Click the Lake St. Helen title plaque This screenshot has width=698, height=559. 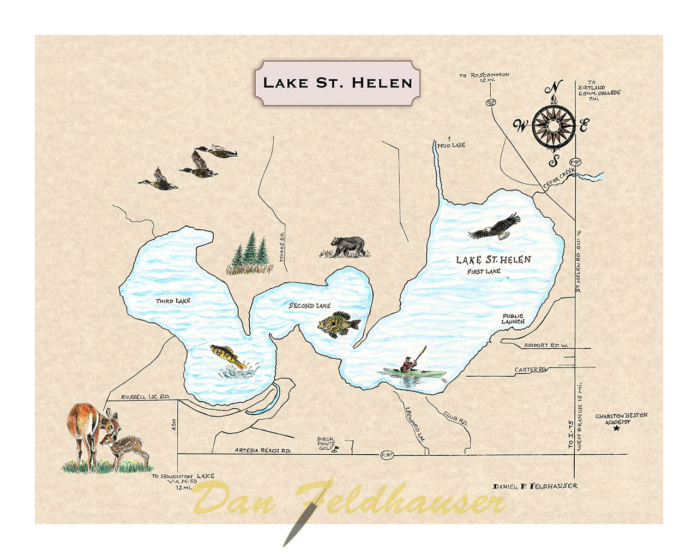pos(338,83)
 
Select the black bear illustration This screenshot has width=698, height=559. pos(347,247)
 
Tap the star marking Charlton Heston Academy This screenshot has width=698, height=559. pos(617,429)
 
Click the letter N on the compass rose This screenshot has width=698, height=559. pos(555,87)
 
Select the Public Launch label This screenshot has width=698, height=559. pos(513,319)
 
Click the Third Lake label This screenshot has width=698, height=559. pos(173,301)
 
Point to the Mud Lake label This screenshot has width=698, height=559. pos(451,145)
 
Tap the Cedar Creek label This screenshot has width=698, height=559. pos(558,179)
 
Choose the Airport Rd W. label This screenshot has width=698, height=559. pos(545,346)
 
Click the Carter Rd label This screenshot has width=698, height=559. pos(530,370)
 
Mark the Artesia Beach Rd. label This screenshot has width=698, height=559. pos(262,450)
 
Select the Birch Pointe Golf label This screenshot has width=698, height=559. pos(326,443)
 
